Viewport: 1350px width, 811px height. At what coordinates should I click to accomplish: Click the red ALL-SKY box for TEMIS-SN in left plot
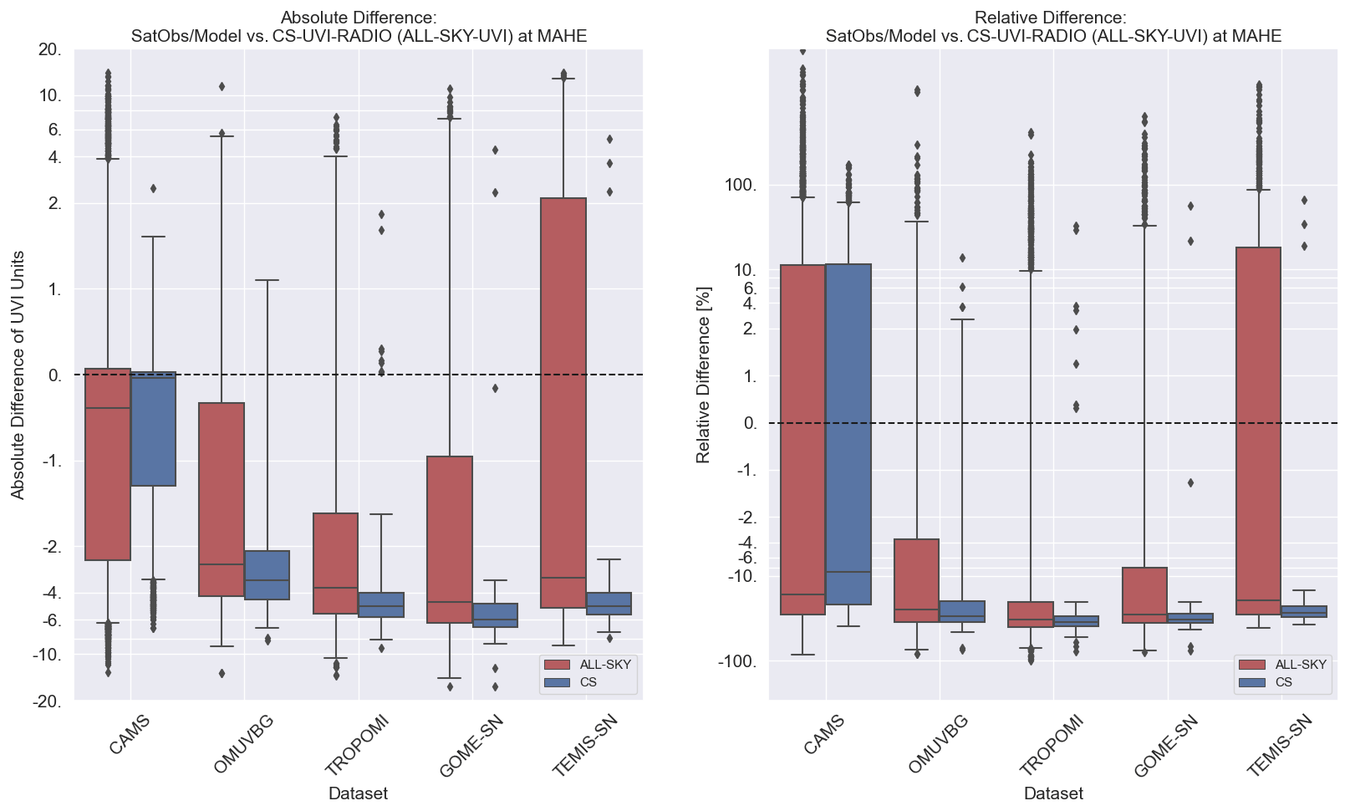[x=563, y=402]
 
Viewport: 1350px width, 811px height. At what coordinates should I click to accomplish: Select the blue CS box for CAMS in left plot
[x=153, y=428]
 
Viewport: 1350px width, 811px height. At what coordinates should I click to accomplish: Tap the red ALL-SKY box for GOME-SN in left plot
[x=449, y=539]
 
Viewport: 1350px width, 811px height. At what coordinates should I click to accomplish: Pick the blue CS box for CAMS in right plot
[x=848, y=434]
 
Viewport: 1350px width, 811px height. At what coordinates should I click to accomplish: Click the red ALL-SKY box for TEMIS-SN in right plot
[x=1258, y=431]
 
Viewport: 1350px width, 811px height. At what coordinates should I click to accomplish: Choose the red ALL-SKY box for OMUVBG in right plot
[x=916, y=580]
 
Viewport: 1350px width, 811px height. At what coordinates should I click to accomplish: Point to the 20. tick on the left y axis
[x=50, y=50]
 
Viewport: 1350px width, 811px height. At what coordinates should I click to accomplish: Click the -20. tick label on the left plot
[x=47, y=701]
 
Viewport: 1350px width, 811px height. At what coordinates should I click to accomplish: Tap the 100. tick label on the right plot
[x=740, y=185]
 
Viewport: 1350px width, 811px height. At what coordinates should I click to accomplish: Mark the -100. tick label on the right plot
[x=737, y=661]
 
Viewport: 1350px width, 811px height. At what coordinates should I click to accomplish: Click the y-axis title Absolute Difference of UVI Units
[x=18, y=375]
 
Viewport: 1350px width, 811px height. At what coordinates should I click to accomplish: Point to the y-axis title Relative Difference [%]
[x=703, y=375]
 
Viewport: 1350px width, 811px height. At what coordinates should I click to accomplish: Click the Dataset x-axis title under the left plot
[x=358, y=793]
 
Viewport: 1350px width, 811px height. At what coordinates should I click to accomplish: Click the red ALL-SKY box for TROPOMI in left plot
[x=335, y=564]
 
